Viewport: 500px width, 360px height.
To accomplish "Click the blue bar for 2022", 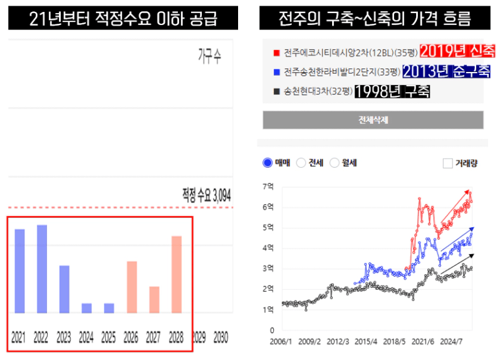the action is tap(42, 269).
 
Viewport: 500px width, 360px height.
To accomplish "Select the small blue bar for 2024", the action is tap(86, 308).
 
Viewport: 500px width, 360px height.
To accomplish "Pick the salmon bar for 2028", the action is tap(177, 274).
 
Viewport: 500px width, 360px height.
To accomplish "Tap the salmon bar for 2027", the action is tap(154, 299).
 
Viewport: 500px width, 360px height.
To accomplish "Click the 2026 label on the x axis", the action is tap(131, 337).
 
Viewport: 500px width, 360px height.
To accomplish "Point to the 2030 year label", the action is tap(221, 337).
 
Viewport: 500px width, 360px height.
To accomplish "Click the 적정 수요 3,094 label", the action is tap(206, 195).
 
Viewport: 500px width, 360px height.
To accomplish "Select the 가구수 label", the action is tap(209, 56).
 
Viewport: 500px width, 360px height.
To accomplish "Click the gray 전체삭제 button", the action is tap(373, 120).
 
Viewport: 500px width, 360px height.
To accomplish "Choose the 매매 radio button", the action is tap(268, 163).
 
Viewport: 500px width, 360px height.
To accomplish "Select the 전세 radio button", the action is tap(301, 163).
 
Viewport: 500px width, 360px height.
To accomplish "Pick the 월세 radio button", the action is tap(334, 163).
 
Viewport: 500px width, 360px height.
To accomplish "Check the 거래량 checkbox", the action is tap(448, 163).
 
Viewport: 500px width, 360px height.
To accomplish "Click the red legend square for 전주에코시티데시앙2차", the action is tap(276, 53).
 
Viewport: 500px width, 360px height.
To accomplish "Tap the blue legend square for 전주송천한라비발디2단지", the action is tap(276, 73).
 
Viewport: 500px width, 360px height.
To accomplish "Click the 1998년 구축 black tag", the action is tap(392, 91).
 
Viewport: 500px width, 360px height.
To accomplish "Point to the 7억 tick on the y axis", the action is tap(268, 187).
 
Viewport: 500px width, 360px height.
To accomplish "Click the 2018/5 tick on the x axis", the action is tap(394, 341).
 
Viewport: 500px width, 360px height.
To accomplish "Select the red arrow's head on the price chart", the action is tap(467, 192).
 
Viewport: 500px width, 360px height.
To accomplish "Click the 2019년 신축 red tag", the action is tap(457, 51).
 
